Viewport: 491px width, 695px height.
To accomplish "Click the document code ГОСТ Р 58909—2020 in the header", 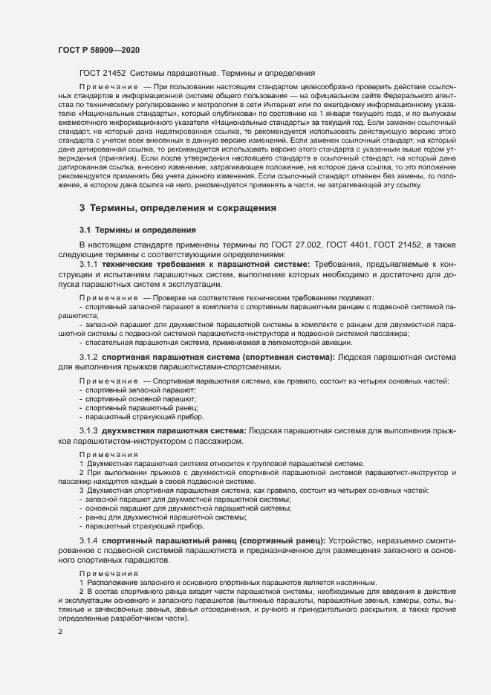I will click(x=99, y=50).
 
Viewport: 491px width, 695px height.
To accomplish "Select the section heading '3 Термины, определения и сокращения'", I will click(x=178, y=208).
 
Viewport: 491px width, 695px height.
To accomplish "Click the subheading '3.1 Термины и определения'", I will click(x=137, y=230).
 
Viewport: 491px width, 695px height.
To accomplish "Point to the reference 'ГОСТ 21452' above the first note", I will click(x=102, y=74).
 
